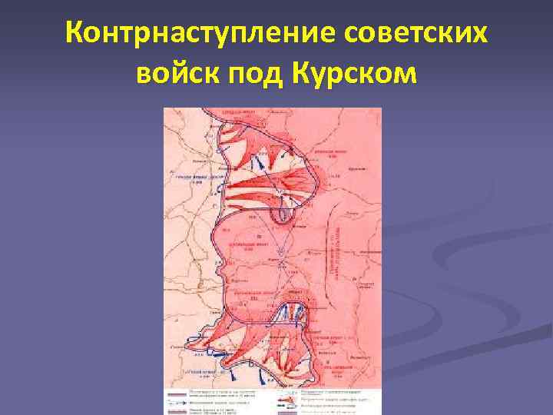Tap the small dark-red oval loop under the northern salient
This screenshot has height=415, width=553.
284,215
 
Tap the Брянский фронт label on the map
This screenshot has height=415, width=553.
326,153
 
